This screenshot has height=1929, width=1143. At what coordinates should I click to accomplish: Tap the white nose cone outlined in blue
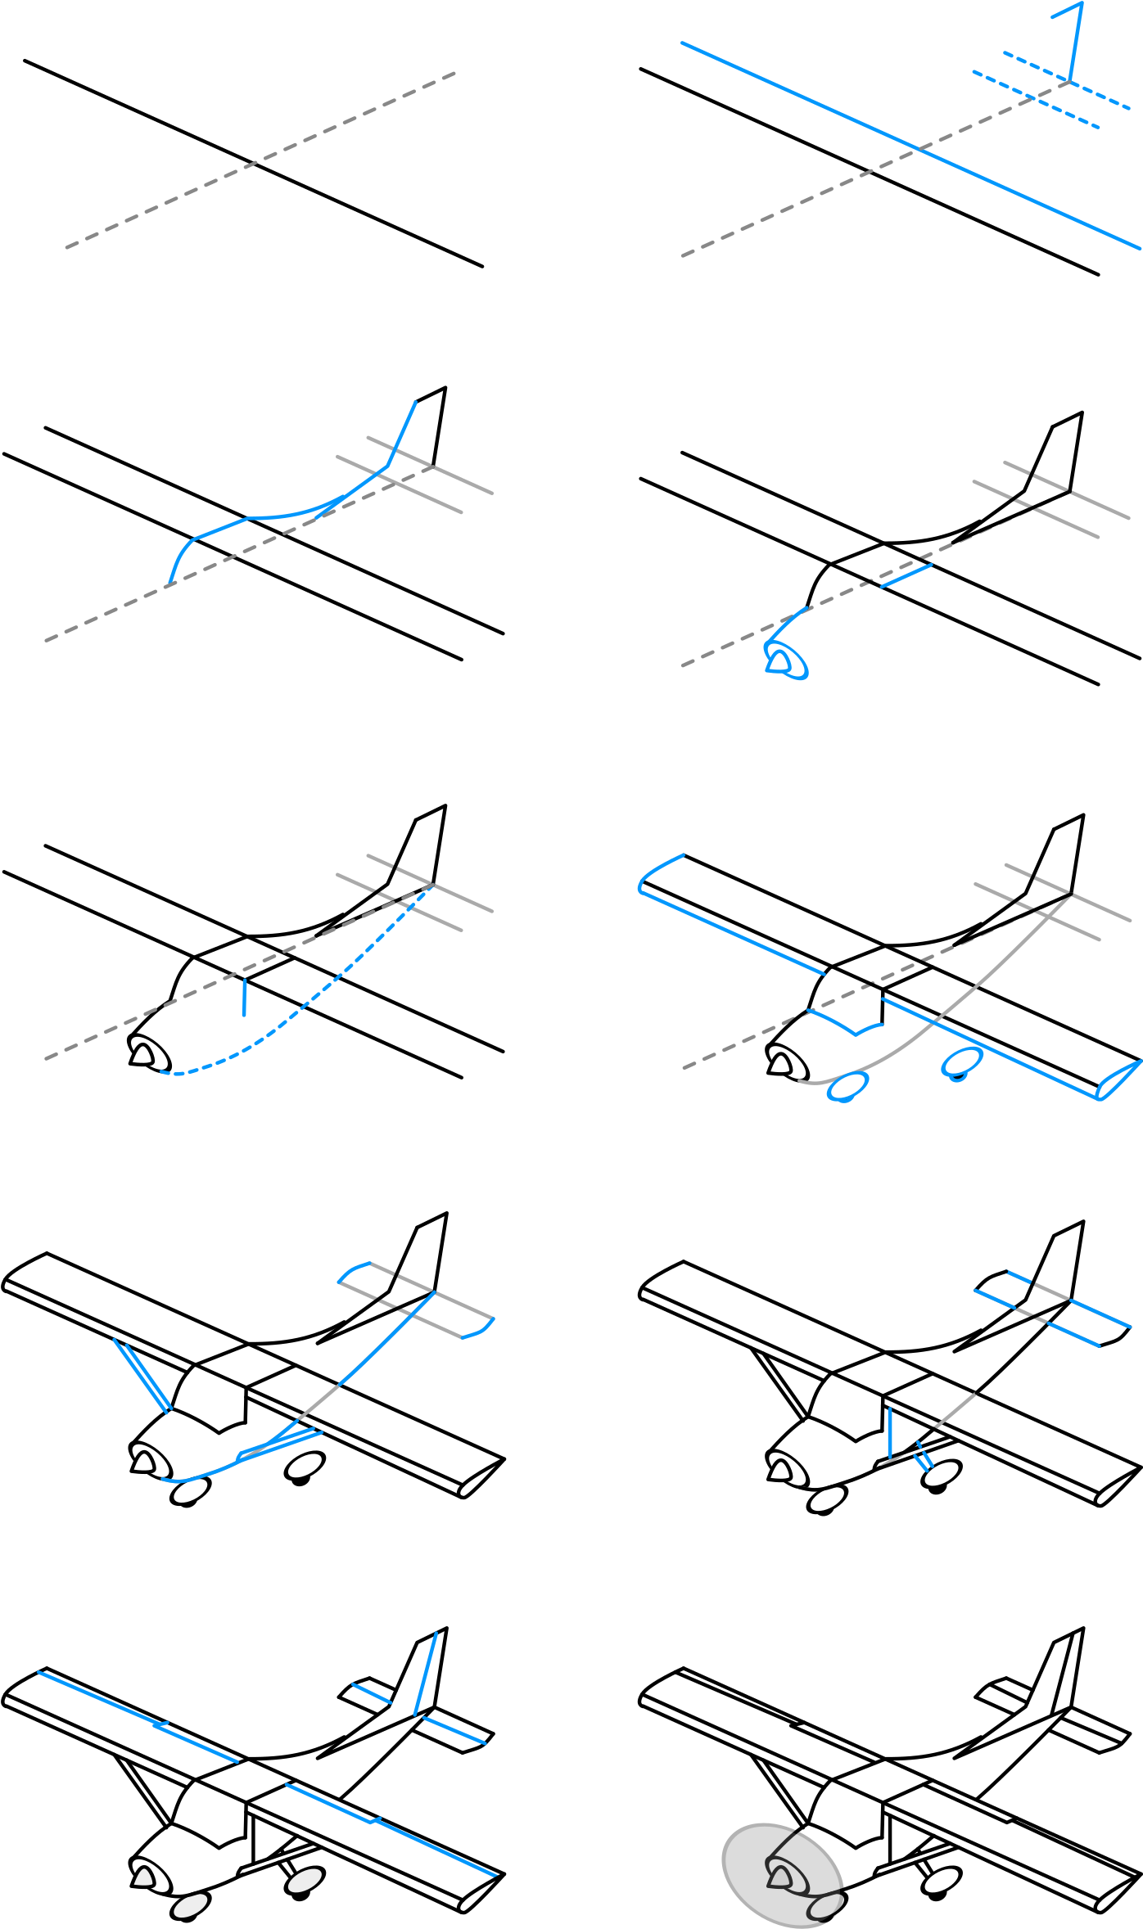coord(779,662)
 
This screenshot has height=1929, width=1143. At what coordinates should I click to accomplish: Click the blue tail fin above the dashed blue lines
coord(1075,41)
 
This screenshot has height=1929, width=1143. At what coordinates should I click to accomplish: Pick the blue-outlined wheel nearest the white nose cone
coord(847,1087)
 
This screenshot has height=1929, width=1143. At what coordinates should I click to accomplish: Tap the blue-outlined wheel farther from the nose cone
coord(962,1061)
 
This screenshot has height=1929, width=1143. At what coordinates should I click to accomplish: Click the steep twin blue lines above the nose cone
coord(142,1375)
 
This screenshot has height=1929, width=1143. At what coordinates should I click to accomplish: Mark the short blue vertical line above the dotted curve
coord(244,998)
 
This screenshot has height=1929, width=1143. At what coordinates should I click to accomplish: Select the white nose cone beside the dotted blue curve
coord(142,1055)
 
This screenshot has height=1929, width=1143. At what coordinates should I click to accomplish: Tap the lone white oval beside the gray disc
coord(942,1881)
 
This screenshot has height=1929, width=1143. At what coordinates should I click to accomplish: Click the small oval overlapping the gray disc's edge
coord(826,1907)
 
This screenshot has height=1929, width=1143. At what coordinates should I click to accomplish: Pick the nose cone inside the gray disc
coord(780,1877)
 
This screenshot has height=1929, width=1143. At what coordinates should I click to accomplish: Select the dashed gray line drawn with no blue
coord(260,160)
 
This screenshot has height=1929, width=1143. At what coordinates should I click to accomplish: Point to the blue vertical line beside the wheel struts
coord(890,1432)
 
